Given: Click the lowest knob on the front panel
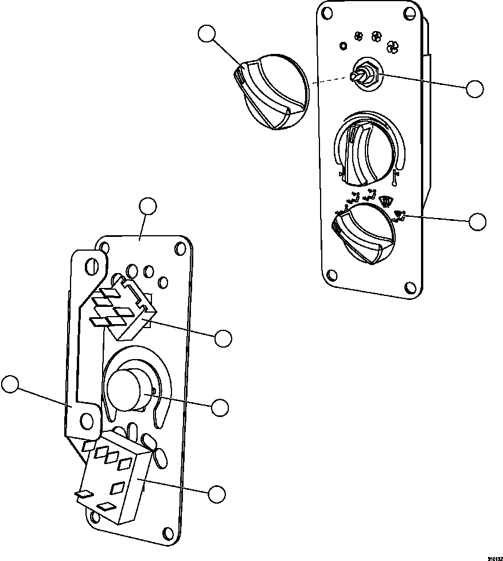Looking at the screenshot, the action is tap(364, 235).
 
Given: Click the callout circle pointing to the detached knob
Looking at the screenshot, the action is tap(207, 34).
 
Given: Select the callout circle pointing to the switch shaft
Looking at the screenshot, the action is tap(474, 89).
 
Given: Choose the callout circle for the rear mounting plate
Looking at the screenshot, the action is tap(148, 206).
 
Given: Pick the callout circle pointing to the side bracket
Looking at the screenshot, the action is tap(10, 384).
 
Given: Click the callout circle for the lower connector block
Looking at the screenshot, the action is tap(217, 494).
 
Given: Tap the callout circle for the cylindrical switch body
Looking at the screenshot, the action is tap(220, 407).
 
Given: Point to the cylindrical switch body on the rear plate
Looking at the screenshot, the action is tap(127, 390).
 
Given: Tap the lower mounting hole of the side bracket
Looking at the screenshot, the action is tap(87, 422).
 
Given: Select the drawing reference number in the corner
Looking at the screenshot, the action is tap(494, 557).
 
